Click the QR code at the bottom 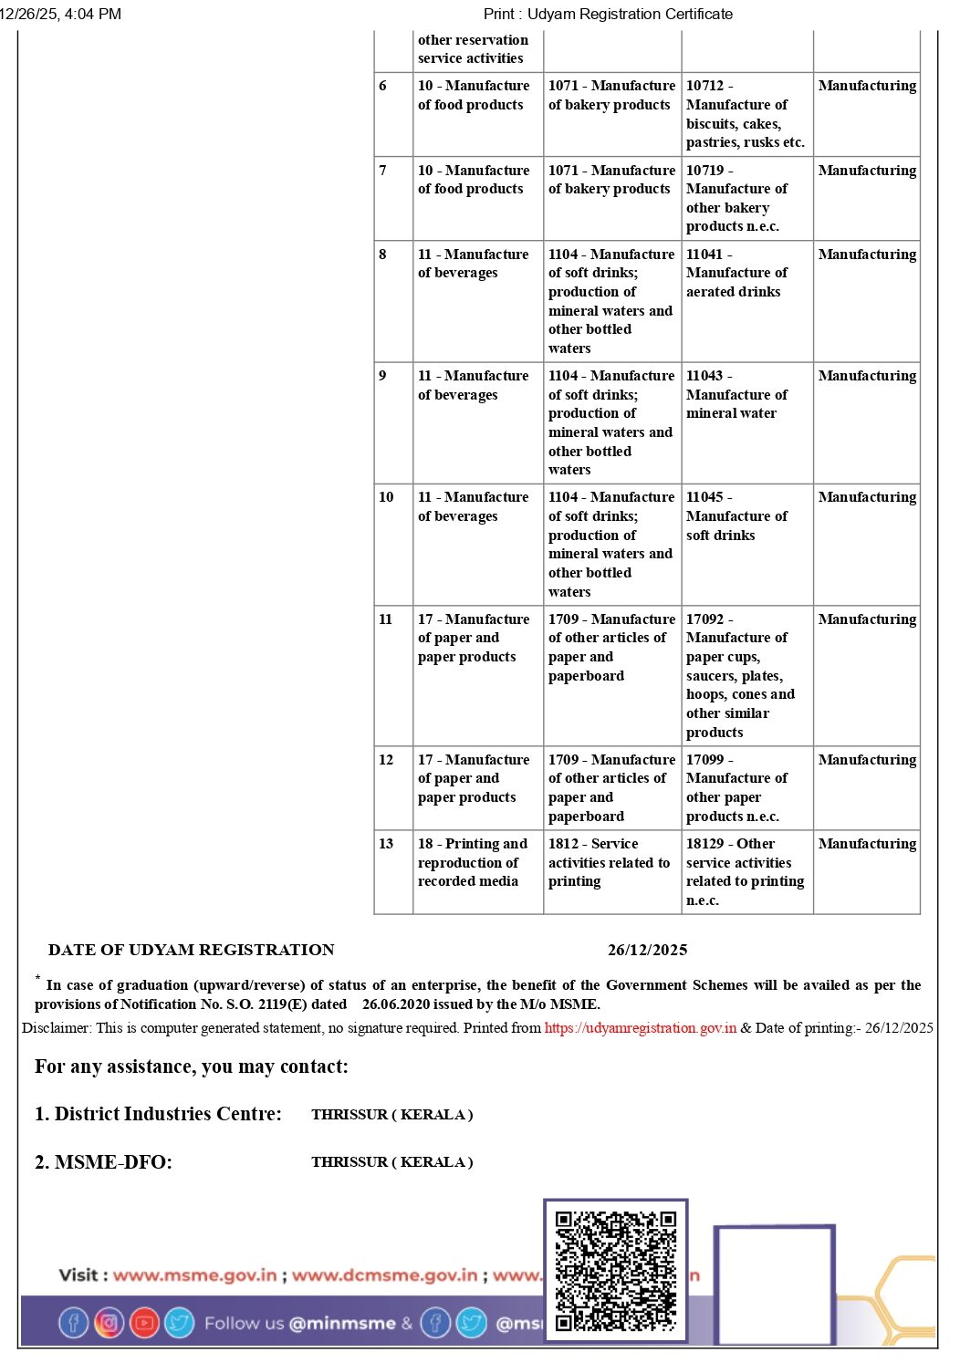[x=616, y=1270]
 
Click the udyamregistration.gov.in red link [x=640, y=1027]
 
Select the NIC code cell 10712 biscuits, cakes [x=746, y=114]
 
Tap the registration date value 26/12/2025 [x=647, y=950]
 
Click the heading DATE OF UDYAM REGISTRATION [x=192, y=950]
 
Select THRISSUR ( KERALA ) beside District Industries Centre [x=391, y=1114]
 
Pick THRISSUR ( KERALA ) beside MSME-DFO [x=391, y=1161]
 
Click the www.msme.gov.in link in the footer [x=194, y=1275]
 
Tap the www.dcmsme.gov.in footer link [x=384, y=1275]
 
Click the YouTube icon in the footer [x=144, y=1322]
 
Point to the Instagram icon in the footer [x=109, y=1322]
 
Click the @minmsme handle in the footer [x=342, y=1323]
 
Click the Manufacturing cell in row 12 [x=867, y=760]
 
